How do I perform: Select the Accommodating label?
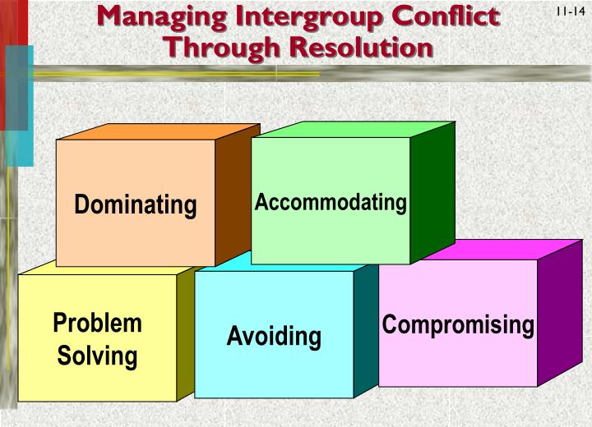coord(331,202)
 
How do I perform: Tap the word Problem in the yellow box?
coord(97,323)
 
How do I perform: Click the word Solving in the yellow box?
coord(97,356)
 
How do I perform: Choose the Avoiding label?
coord(274,336)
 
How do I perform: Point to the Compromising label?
coord(458,324)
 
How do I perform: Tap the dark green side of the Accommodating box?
coord(432,193)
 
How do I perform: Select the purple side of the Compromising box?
coord(559,312)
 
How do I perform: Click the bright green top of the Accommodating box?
coord(354,129)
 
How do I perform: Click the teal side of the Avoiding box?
coord(365,328)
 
